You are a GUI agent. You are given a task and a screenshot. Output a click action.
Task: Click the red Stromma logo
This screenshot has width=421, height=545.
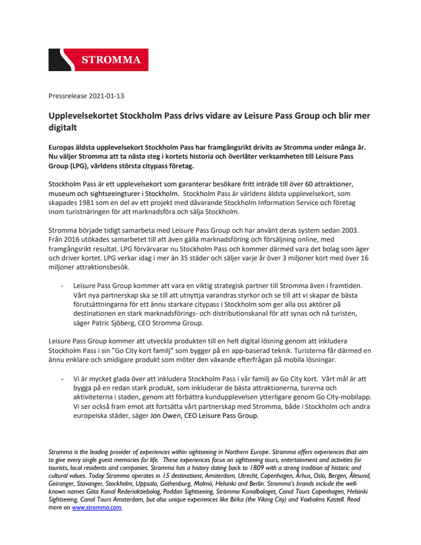tap(98, 59)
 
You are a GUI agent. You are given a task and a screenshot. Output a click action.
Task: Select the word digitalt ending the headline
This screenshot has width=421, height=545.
tap(62, 128)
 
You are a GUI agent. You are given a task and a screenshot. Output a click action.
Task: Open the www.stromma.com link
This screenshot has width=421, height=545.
tap(97, 508)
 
